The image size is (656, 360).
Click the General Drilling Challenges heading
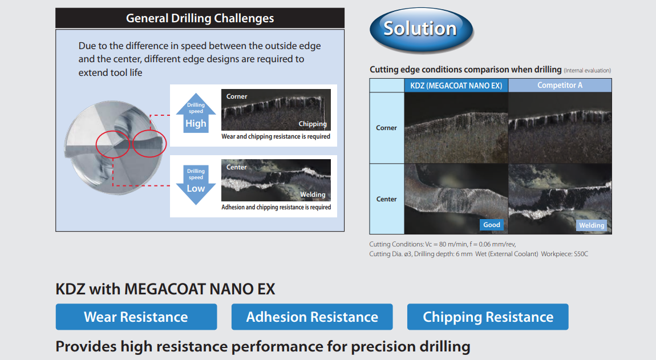pos(200,18)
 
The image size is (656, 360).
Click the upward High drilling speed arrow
pos(196,113)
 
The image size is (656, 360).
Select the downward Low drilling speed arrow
pos(196,185)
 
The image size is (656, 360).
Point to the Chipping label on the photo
pos(313,124)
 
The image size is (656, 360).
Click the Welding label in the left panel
pos(313,195)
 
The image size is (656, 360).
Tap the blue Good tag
pos(492,225)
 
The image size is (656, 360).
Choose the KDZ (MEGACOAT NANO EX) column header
pos(456,86)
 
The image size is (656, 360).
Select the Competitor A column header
pos(560,86)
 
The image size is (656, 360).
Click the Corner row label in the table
pos(386,128)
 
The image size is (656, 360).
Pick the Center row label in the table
pos(386,199)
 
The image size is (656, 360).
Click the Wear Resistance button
pos(136,317)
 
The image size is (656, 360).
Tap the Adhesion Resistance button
pos(312,317)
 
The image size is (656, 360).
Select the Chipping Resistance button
pos(488,317)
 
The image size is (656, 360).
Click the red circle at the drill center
pos(97,144)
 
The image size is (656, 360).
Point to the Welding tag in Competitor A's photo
pos(592,225)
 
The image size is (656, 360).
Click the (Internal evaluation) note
pos(588,70)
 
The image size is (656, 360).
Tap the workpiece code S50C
pos(581,254)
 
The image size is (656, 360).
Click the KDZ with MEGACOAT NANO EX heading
pos(165,289)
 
